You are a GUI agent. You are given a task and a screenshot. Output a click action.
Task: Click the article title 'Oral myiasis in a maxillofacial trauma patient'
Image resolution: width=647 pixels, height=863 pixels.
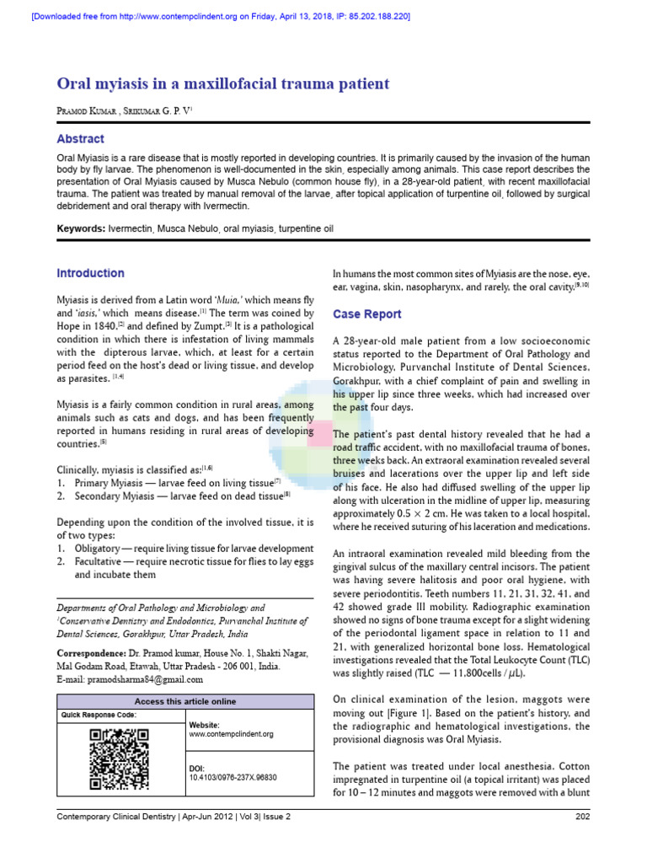click(x=222, y=83)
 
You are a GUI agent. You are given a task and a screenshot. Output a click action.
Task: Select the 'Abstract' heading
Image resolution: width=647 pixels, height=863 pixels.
click(x=80, y=139)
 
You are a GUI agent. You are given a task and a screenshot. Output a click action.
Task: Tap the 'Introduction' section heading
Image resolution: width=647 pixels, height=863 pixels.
click(x=90, y=273)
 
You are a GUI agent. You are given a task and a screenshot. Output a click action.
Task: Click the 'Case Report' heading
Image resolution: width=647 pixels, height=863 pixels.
click(x=366, y=314)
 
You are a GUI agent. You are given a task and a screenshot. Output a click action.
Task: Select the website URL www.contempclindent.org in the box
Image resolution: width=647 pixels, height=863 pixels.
click(x=231, y=734)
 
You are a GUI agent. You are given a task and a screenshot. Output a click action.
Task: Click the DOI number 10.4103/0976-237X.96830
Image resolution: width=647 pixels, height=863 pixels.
click(x=233, y=777)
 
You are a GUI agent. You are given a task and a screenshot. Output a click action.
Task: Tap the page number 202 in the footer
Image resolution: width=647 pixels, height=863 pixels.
click(x=582, y=817)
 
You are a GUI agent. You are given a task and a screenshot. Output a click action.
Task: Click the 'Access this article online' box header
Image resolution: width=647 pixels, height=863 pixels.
click(x=185, y=701)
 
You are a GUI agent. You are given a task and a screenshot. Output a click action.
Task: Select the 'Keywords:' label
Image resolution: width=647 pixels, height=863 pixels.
click(x=81, y=229)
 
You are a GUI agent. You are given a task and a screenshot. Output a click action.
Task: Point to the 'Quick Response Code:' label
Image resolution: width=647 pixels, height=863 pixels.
click(x=99, y=715)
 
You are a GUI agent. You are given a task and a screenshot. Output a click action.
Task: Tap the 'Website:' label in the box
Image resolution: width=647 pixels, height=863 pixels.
click(x=205, y=725)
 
